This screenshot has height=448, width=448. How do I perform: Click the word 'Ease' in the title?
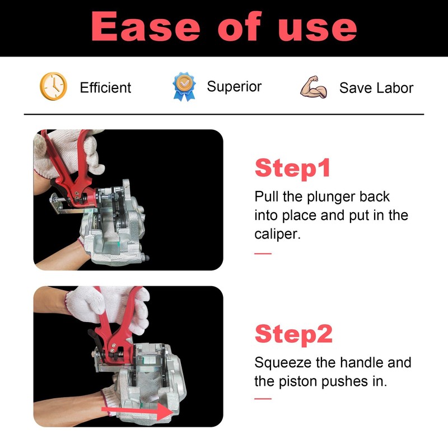[x=146, y=26]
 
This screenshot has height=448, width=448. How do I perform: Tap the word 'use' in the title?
[x=318, y=30]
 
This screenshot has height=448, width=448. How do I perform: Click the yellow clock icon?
[x=53, y=86]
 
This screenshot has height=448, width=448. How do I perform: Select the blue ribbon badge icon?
[x=184, y=86]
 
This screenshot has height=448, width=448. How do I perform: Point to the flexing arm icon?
[x=314, y=87]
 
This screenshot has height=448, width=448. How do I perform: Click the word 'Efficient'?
[x=105, y=87]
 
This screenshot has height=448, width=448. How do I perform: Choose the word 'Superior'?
[x=234, y=87]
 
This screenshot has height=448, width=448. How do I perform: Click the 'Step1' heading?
[x=292, y=168]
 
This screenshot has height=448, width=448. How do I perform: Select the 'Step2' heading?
[x=293, y=334]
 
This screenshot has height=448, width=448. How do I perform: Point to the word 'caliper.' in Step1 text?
[x=277, y=234]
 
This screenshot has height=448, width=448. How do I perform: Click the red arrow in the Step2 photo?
[x=137, y=412]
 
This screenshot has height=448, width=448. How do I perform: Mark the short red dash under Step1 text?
[x=263, y=254]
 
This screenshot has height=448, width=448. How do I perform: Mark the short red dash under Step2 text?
[x=263, y=399]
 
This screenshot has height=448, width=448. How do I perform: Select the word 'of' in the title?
[x=239, y=26]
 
